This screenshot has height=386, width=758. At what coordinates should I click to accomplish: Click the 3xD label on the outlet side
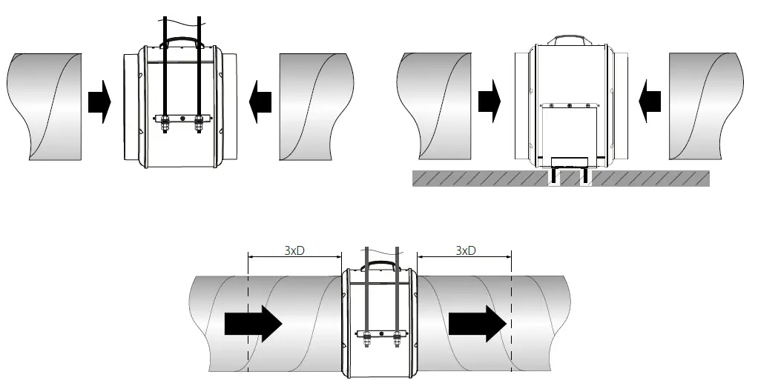465,250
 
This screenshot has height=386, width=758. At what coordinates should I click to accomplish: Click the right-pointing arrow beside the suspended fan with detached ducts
99,102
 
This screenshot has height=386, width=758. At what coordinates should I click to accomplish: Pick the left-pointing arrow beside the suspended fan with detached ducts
261,102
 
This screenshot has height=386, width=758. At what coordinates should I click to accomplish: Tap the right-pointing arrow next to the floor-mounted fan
490,102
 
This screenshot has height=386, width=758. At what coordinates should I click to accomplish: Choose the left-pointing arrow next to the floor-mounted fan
650,102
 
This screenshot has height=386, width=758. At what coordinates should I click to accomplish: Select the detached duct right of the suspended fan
315,105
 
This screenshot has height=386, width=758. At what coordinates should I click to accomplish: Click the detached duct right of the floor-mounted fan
706,105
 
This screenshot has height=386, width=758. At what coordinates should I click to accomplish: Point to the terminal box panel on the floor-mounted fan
570,130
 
